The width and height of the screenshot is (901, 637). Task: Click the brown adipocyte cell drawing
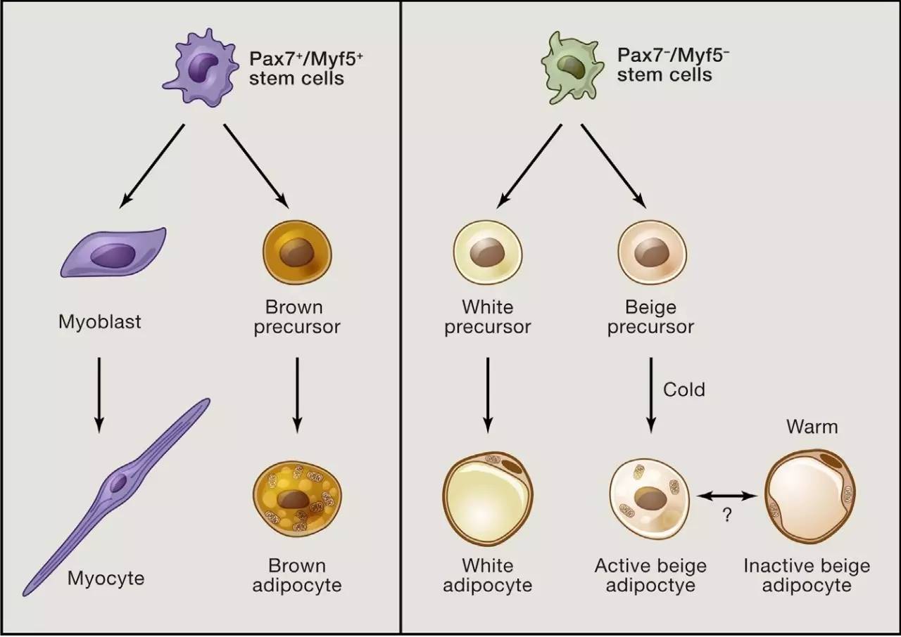tap(296, 501)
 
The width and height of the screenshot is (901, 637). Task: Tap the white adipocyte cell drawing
tap(487, 501)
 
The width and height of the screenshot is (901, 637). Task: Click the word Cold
tap(683, 390)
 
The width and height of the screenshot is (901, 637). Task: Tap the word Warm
tap(812, 427)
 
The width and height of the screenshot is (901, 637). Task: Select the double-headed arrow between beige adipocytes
tap(726, 496)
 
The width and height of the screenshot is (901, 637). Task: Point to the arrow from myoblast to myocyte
tap(99, 394)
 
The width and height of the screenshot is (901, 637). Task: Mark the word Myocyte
tap(106, 579)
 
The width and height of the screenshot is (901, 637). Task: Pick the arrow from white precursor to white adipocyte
tap(487, 394)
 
